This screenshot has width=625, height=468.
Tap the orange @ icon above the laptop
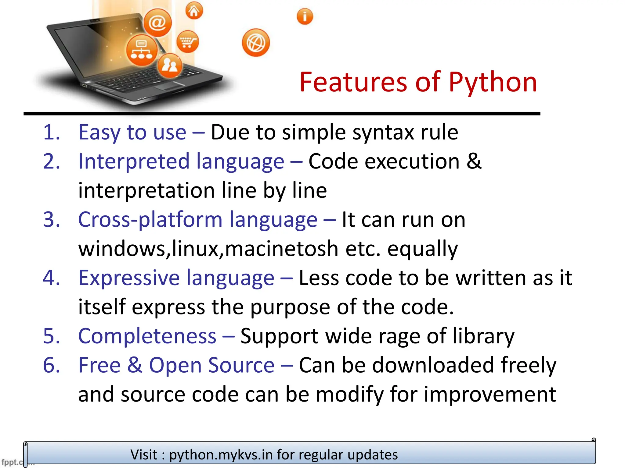pyautogui.click(x=157, y=23)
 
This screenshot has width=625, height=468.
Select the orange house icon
pyautogui.click(x=194, y=11)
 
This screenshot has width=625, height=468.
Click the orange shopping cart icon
pyautogui.click(x=187, y=41)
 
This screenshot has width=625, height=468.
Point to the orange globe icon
pyautogui.click(x=256, y=43)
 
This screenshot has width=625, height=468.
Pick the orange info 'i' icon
pyautogui.click(x=305, y=16)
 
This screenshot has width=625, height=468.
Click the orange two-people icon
pyautogui.click(x=170, y=65)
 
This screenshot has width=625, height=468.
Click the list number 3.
pyautogui.click(x=51, y=219)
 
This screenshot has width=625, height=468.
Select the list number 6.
pyautogui.click(x=51, y=365)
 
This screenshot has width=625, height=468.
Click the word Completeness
pyautogui.click(x=147, y=336)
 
